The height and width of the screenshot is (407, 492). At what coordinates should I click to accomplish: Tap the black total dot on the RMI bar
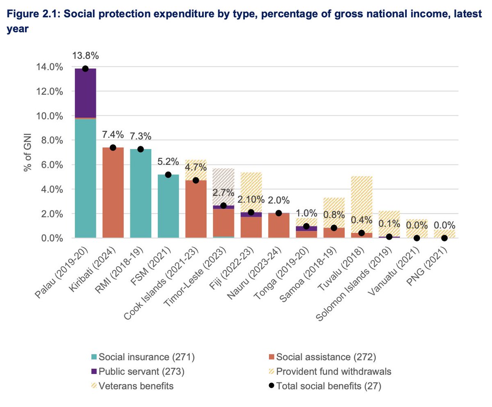click(x=141, y=149)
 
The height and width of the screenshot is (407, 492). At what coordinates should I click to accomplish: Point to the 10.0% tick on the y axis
click(x=49, y=116)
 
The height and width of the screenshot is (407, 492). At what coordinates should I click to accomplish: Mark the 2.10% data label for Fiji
click(x=251, y=200)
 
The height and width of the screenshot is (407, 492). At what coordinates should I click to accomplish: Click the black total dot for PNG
click(x=444, y=238)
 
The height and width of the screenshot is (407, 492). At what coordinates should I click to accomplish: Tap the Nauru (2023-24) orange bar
click(x=279, y=226)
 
